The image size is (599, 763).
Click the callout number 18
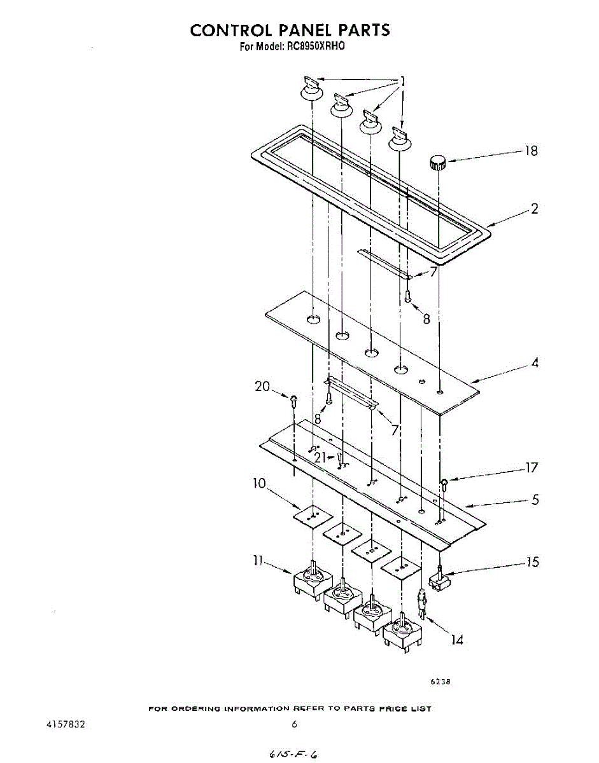point(530,151)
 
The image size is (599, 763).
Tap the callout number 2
point(534,209)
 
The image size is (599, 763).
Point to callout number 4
point(535,364)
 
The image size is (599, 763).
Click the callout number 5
point(535,500)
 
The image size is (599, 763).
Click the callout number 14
point(456,640)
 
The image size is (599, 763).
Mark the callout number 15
point(532,562)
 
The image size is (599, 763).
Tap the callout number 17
point(531,469)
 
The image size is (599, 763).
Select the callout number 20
point(262,387)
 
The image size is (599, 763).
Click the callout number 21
point(321,456)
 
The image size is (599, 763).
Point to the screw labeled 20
point(293,401)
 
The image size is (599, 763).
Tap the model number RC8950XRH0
point(310,46)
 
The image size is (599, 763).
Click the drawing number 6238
point(440,682)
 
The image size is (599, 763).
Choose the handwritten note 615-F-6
point(293,753)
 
